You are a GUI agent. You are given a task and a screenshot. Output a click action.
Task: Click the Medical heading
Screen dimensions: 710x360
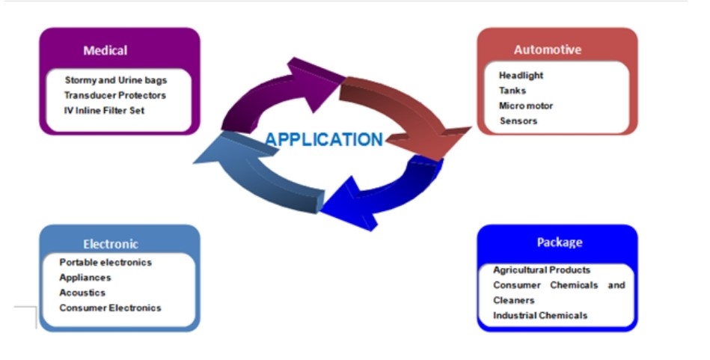105,50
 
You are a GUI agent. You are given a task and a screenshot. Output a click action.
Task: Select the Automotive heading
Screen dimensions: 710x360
548,49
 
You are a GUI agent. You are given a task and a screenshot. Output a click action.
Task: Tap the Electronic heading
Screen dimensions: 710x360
111,244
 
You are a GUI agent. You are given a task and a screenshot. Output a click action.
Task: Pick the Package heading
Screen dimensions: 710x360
560,242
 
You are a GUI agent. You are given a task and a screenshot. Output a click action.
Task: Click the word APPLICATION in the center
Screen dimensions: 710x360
324,139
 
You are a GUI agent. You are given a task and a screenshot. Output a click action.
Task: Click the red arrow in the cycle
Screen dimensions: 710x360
408,115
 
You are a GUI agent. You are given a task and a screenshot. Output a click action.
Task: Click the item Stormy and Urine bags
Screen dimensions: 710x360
116,80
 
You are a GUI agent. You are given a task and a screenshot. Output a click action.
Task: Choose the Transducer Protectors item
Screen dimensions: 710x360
115,95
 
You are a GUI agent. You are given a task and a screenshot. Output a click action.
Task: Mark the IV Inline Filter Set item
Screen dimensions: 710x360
104,111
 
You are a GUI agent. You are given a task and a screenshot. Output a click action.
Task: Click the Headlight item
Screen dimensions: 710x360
521,76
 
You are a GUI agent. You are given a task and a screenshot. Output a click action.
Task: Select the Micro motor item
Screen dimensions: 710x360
526,106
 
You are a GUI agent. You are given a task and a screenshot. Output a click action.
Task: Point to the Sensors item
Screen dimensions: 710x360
518,121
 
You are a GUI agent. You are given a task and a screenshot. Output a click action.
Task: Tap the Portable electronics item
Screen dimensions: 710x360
105,262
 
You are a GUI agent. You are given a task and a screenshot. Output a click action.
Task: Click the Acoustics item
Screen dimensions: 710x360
82,293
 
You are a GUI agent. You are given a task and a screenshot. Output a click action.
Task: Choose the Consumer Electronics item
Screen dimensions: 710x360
110,308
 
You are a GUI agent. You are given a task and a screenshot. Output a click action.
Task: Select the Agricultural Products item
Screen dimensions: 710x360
542,270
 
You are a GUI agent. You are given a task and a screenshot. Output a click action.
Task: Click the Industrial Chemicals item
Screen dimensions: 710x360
540,315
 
